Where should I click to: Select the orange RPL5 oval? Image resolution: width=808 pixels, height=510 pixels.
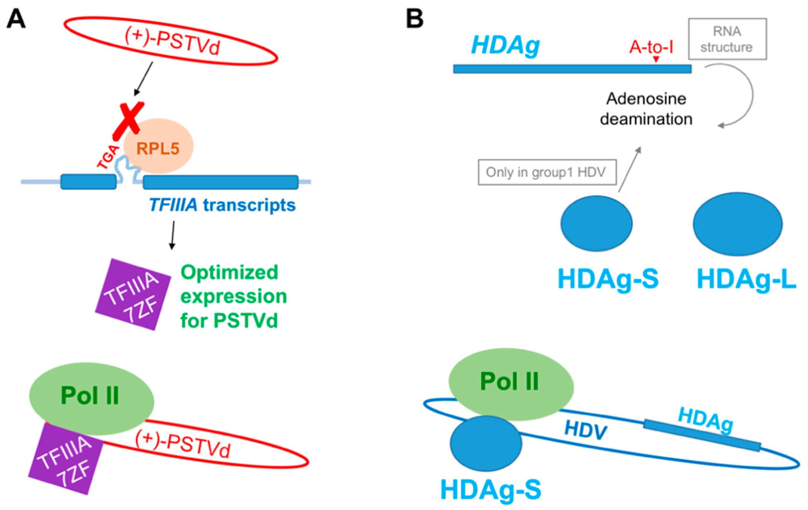(159, 146)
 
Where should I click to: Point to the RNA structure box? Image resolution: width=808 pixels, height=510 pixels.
(727, 39)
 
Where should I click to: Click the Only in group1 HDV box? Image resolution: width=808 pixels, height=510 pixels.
(547, 172)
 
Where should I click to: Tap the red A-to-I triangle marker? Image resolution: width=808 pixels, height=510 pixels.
(656, 59)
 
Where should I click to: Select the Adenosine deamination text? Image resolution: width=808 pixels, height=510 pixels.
(646, 109)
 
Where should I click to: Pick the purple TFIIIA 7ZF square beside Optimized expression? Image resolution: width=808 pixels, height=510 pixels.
(133, 294)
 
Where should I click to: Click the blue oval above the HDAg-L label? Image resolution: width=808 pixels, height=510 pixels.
(738, 224)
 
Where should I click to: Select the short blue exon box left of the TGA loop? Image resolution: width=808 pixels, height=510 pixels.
(88, 182)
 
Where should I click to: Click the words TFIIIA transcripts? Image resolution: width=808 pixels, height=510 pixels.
(222, 205)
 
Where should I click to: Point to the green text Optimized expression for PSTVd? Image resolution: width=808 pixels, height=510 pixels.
(233, 296)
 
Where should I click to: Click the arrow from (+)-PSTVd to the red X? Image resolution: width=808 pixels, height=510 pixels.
(143, 79)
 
